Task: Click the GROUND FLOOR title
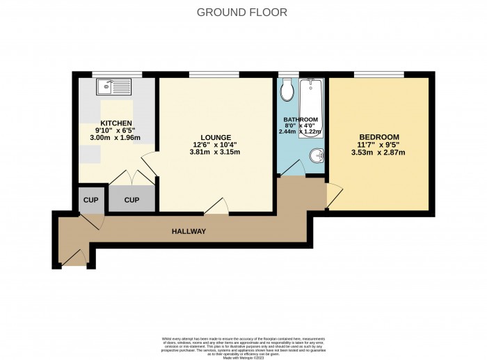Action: (241, 12)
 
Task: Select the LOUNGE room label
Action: (215, 137)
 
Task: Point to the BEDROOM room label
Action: (379, 136)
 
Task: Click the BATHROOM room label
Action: (301, 120)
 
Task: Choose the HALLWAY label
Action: (189, 231)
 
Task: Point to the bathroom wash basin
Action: (316, 155)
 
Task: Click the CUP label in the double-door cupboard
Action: (131, 200)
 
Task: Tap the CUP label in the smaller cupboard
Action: (90, 200)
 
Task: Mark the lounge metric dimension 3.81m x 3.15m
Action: (215, 153)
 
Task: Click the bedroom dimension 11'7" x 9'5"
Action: (379, 145)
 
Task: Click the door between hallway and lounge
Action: (216, 207)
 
